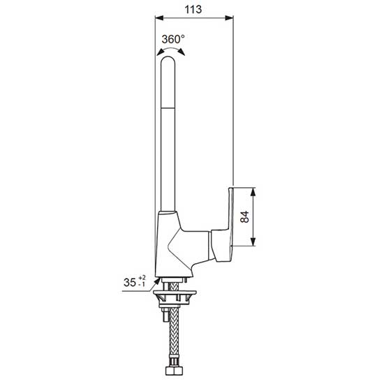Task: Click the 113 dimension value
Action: pyautogui.click(x=193, y=10)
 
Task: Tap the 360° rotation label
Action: pyautogui.click(x=173, y=39)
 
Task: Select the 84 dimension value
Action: pyautogui.click(x=244, y=216)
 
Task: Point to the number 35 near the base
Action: pyautogui.click(x=130, y=282)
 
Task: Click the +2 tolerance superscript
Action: pyautogui.click(x=142, y=278)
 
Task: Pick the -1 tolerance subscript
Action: pyautogui.click(x=142, y=284)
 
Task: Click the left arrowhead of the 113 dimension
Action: pyautogui.click(x=159, y=17)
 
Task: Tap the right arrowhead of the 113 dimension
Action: pyautogui.click(x=229, y=17)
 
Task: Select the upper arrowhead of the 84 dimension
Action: pyautogui.click(x=253, y=191)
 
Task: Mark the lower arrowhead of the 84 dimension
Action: pyautogui.click(x=253, y=242)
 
